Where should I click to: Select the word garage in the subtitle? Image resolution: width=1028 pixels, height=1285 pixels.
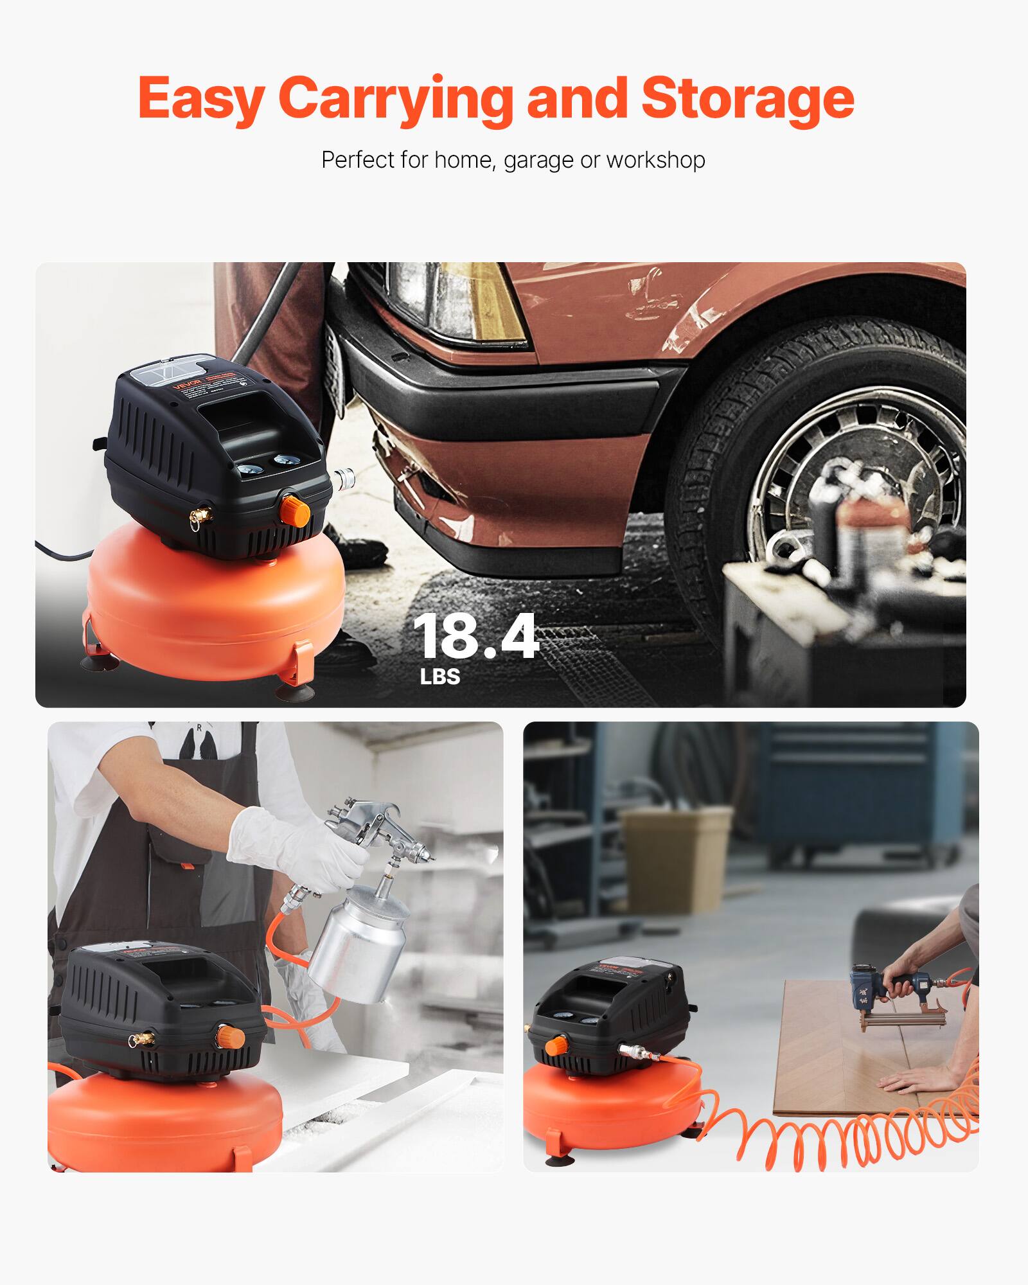(538, 160)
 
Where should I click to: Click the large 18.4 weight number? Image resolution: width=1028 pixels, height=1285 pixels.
(475, 637)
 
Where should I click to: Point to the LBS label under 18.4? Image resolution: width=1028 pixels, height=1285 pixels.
(440, 677)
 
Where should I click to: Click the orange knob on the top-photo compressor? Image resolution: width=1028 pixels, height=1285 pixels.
(296, 509)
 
